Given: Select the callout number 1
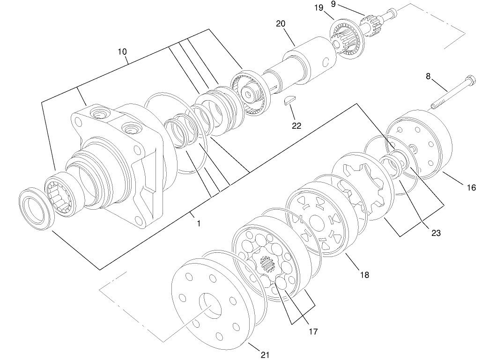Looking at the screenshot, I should coord(199,224).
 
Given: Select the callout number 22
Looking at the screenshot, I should coord(296,125).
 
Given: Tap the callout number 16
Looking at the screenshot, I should coord(471,188).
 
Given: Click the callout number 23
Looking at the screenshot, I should coord(436,233).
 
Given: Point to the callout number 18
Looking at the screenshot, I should coord(364,275).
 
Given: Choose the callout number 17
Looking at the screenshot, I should coord(313,331).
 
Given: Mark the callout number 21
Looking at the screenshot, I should coord(265,355).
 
